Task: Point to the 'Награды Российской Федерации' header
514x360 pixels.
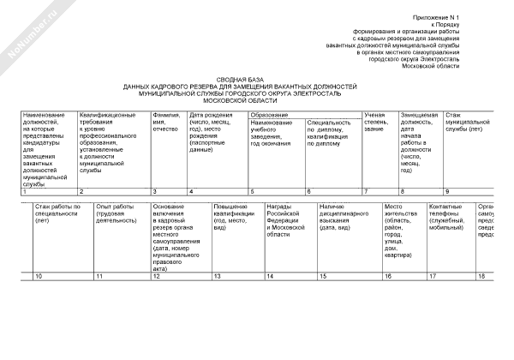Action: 285,219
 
